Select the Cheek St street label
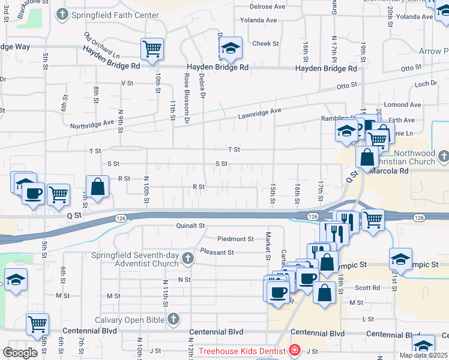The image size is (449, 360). coord(265,44)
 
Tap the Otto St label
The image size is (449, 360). coord(347,86)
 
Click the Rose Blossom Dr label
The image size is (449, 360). coord(187,98)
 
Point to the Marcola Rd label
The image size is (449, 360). coord(389,171)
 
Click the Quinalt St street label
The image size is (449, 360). coord(191,226)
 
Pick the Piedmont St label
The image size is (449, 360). coord(235,239)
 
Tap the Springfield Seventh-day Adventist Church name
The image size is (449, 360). coord(135,259)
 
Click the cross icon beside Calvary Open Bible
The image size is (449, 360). coord(174,319)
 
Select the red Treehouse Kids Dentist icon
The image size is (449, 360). coord(295,350)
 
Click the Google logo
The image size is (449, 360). coord(20,353)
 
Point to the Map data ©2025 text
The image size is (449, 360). coord(423,355)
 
